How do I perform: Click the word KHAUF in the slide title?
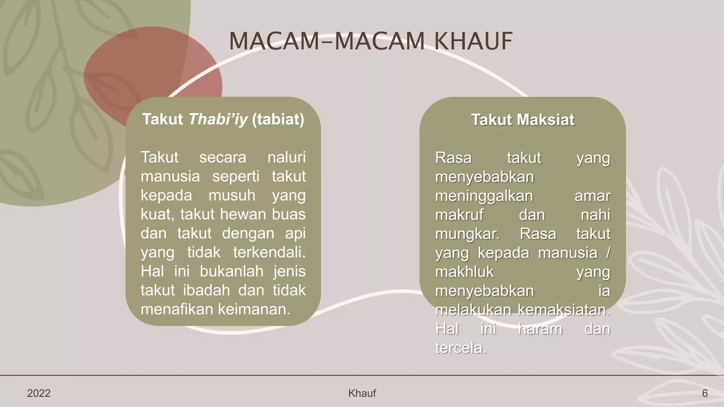point(473,41)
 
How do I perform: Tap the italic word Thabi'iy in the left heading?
point(218,119)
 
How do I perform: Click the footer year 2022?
point(39,393)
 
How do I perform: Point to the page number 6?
point(705,393)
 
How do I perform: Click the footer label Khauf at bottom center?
point(362,393)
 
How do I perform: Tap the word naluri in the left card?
point(286,157)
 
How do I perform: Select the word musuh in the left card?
point(232,195)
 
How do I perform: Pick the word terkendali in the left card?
point(268,253)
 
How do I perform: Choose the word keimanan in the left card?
point(253,309)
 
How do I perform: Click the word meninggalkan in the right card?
point(484,196)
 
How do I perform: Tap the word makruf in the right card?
point(459,215)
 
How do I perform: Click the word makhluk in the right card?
point(464,272)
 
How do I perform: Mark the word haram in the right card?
point(540,329)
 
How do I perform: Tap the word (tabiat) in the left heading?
point(278,119)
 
